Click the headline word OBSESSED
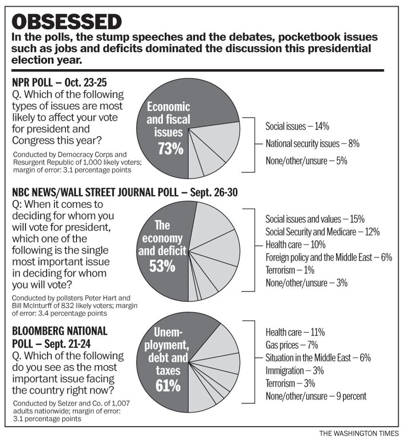click(x=67, y=22)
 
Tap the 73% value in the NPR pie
click(x=170, y=148)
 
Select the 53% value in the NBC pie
click(x=162, y=266)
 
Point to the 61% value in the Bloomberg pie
click(x=168, y=386)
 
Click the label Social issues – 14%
click(x=297, y=126)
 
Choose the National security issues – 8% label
click(x=312, y=144)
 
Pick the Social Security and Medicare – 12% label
click(x=322, y=232)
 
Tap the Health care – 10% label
click(x=295, y=245)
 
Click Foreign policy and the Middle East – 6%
click(x=329, y=257)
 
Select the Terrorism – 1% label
click(x=290, y=270)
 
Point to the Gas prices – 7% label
click(x=292, y=345)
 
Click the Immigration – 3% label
click(x=294, y=370)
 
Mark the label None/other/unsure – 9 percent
click(x=316, y=396)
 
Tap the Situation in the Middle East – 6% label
click(x=318, y=358)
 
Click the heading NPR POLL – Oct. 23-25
click(x=60, y=83)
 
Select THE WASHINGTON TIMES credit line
click(x=359, y=433)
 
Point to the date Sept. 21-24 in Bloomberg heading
click(x=67, y=344)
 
